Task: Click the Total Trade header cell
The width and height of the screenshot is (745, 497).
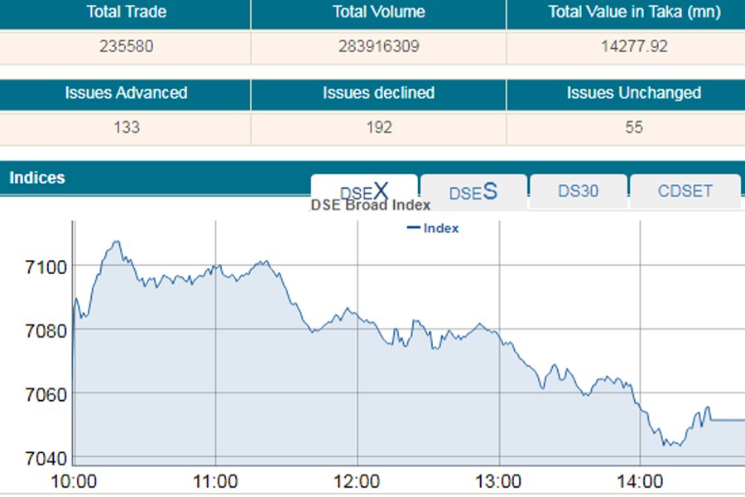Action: click(x=126, y=12)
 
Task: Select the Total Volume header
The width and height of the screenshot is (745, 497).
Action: click(x=378, y=12)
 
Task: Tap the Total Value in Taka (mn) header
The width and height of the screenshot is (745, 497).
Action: click(x=634, y=12)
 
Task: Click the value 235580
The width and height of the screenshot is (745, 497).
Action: click(x=126, y=46)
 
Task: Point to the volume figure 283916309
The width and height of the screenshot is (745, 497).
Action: click(x=378, y=46)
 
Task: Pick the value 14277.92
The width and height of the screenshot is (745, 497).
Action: click(x=634, y=46)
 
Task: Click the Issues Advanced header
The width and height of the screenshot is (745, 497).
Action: click(x=126, y=94)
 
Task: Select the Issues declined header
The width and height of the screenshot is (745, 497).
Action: click(x=378, y=94)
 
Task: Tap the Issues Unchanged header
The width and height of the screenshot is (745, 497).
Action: click(x=634, y=94)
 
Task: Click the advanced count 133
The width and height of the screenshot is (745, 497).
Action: click(x=126, y=128)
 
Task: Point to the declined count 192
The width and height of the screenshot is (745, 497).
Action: click(x=378, y=128)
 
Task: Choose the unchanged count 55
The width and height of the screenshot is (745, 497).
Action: click(x=634, y=128)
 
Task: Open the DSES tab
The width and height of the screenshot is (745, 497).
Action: click(x=473, y=192)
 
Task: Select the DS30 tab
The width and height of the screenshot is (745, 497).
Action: click(x=578, y=191)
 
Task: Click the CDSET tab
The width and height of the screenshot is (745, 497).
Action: click(x=685, y=191)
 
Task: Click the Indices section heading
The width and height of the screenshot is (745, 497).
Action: click(x=37, y=178)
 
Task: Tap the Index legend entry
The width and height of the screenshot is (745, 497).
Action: click(x=434, y=228)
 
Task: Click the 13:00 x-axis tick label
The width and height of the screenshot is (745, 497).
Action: click(x=499, y=482)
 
